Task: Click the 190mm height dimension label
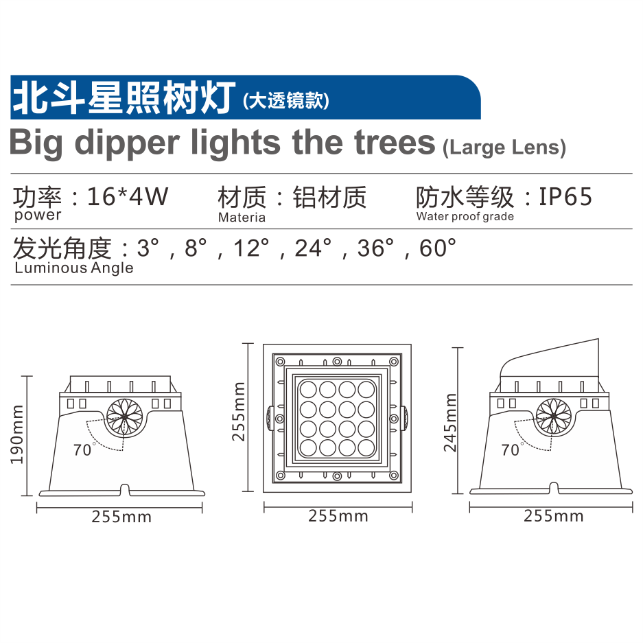tap(17, 434)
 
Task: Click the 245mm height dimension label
tap(450, 423)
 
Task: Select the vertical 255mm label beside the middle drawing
tap(239, 412)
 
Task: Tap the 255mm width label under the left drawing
tap(121, 517)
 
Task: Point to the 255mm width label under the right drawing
tap(554, 516)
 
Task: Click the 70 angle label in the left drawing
tap(82, 450)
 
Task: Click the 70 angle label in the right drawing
tap(510, 450)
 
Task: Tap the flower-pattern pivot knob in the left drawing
tap(125, 417)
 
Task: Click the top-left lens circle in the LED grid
tap(308, 390)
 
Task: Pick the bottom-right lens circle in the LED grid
tap(366, 448)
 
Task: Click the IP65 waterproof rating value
tap(565, 196)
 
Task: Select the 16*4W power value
tap(128, 196)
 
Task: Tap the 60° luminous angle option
tap(438, 248)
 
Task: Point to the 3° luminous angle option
tap(148, 248)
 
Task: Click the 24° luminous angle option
tap(313, 248)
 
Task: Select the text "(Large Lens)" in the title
tap(504, 148)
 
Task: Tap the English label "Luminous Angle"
tap(74, 268)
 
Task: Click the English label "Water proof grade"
tap(465, 217)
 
